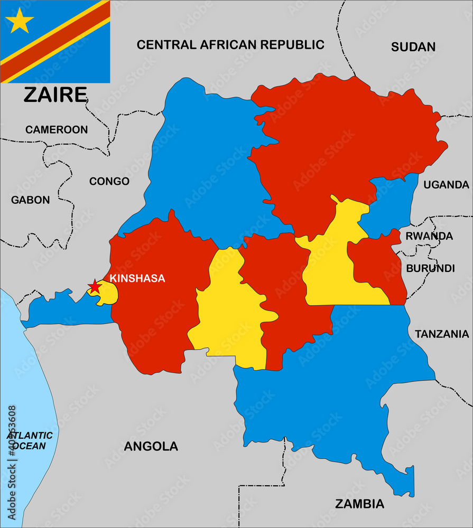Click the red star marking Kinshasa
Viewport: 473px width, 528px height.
pyautogui.click(x=95, y=286)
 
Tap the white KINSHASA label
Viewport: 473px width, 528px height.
pyautogui.click(x=137, y=278)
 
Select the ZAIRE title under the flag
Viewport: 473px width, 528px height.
pyautogui.click(x=55, y=95)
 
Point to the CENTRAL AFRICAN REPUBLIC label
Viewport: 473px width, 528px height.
pyautogui.click(x=230, y=45)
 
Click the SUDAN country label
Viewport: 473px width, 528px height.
pyautogui.click(x=413, y=47)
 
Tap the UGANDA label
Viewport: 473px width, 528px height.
pyautogui.click(x=446, y=185)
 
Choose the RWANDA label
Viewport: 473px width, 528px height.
pyautogui.click(x=429, y=236)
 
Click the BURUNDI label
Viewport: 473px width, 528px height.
pyautogui.click(x=430, y=268)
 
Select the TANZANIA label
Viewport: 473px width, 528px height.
pyautogui.click(x=441, y=334)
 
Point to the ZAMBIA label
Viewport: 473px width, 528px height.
pyautogui.click(x=359, y=504)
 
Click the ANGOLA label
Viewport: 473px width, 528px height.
pyautogui.click(x=151, y=447)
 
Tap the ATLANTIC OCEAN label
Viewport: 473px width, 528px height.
pyautogui.click(x=30, y=440)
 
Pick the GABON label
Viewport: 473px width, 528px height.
pyautogui.click(x=31, y=200)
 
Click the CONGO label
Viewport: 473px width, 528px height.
pyautogui.click(x=109, y=182)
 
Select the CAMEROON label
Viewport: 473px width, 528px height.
pyautogui.click(x=57, y=129)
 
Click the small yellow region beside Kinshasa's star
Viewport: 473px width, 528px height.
pyautogui.click(x=107, y=294)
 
